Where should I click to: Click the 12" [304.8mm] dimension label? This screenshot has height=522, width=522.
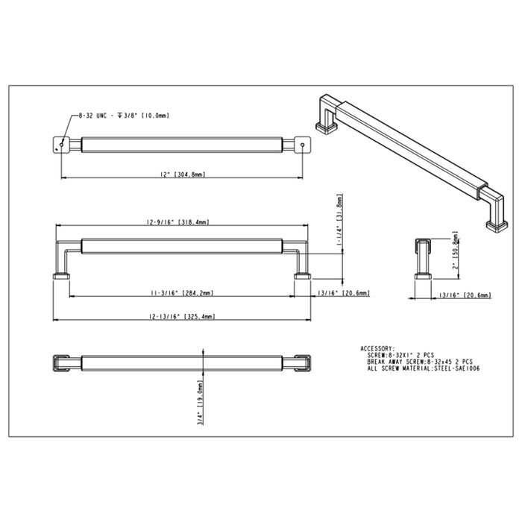tap(183, 174)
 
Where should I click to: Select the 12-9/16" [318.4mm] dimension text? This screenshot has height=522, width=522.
tap(178, 222)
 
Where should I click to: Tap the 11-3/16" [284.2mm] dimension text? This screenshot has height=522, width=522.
tap(182, 293)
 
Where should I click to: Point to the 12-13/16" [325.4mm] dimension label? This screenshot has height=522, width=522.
tap(182, 316)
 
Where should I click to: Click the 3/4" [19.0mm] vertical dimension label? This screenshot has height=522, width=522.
tap(200, 403)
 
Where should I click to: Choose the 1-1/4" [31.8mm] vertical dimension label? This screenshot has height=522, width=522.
tap(339, 220)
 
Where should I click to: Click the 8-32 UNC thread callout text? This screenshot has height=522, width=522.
tap(124, 116)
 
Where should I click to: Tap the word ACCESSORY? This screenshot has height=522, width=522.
tap(377, 348)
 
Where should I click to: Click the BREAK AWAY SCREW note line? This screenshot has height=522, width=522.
tap(420, 362)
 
